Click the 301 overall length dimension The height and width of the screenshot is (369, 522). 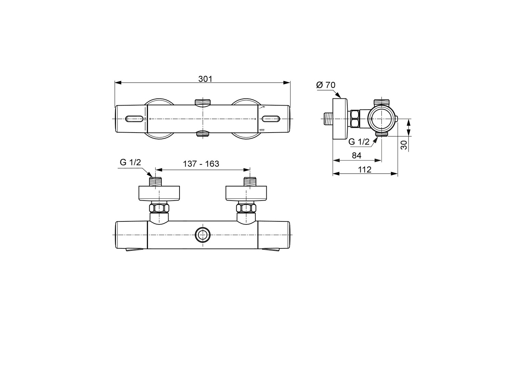[x=205, y=79]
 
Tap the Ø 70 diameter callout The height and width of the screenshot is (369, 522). [x=326, y=85]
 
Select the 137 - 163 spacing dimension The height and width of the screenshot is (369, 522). [x=201, y=164]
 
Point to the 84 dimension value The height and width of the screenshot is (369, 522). [x=357, y=155]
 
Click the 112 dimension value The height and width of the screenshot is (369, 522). [x=365, y=169]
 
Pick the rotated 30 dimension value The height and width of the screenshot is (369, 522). [x=404, y=145]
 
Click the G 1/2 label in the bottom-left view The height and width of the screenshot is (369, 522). [x=130, y=162]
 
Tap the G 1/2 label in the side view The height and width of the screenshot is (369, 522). [x=359, y=142]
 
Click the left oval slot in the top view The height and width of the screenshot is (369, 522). [x=134, y=119]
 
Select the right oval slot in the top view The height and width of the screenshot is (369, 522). [x=271, y=119]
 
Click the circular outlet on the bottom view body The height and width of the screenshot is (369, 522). [x=202, y=235]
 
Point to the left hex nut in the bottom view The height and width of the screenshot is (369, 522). [x=159, y=208]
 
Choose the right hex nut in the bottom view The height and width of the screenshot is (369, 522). [x=246, y=208]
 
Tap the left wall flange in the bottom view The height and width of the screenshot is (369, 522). [x=159, y=193]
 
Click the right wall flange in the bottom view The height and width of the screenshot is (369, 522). [x=246, y=193]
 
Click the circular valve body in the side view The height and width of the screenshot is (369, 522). [x=382, y=119]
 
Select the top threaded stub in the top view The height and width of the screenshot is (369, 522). [x=202, y=102]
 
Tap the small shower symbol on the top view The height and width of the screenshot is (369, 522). [x=262, y=107]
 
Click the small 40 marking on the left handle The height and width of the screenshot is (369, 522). [x=145, y=119]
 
